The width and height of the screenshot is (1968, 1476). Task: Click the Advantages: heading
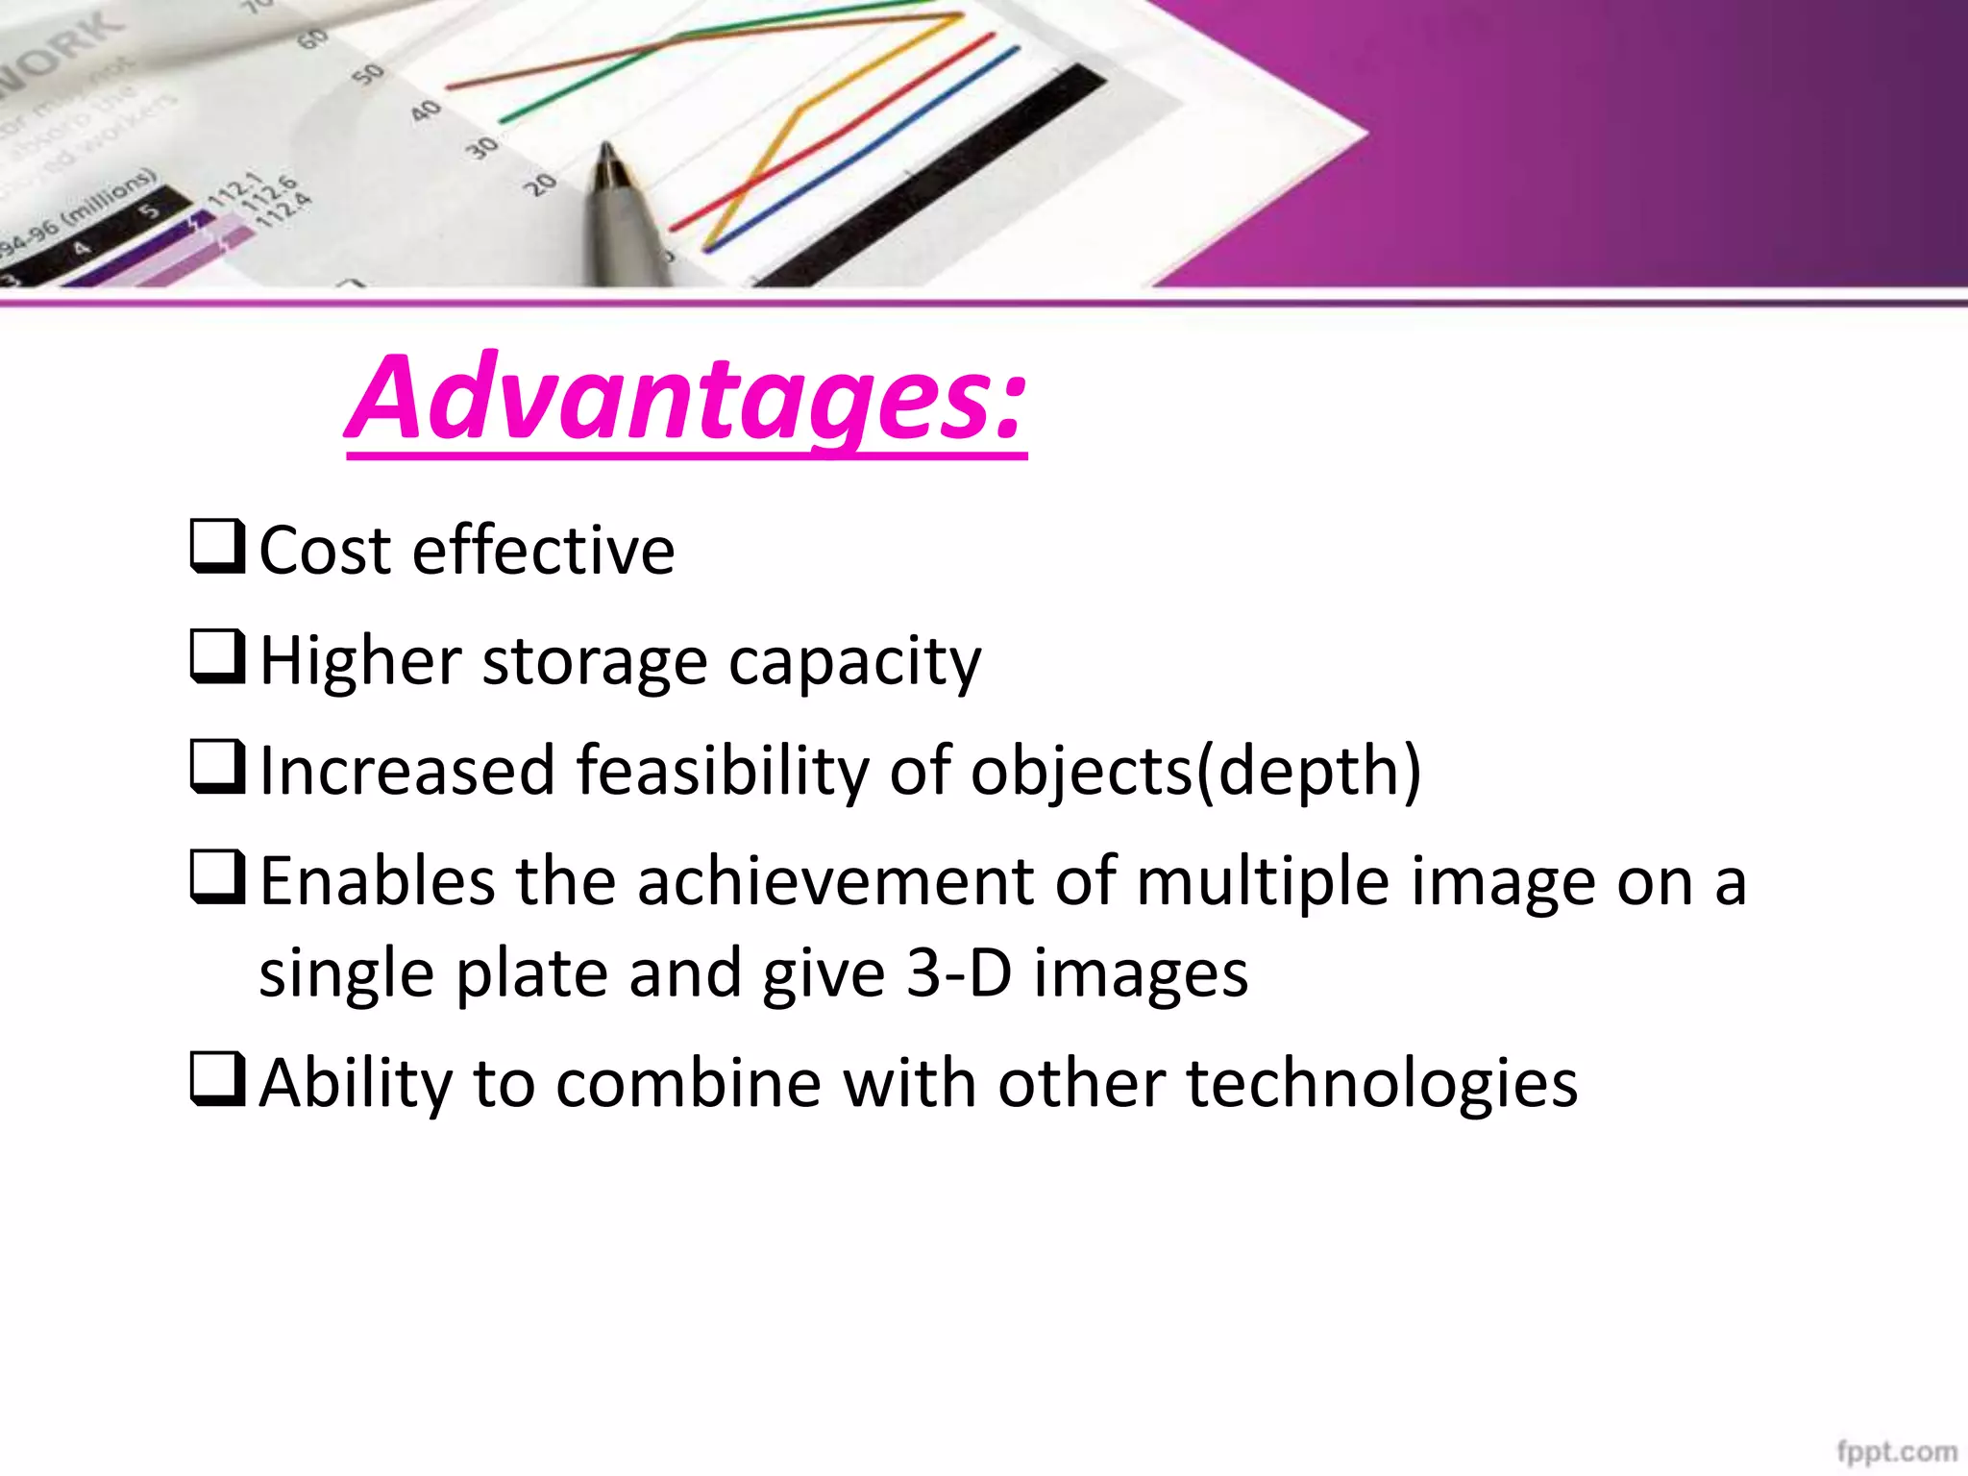(x=686, y=398)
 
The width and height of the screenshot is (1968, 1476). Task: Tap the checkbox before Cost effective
(x=217, y=546)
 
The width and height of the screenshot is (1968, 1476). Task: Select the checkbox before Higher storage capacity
(x=217, y=656)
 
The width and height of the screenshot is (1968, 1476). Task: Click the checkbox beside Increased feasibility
(x=217, y=767)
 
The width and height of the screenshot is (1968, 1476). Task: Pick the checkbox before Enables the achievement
(x=217, y=877)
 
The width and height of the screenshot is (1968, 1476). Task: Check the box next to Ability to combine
(x=217, y=1079)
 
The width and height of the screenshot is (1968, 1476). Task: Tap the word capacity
(x=854, y=663)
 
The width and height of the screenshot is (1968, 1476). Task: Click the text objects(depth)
(x=1194, y=773)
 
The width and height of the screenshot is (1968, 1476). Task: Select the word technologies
(x=1382, y=1084)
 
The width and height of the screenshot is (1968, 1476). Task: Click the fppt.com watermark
(x=1896, y=1451)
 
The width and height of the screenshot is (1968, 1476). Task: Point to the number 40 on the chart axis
(x=425, y=111)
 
